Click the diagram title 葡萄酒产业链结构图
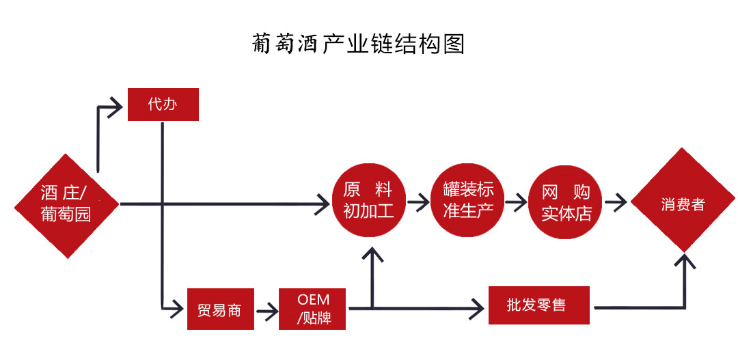click(x=358, y=44)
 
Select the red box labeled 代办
click(x=163, y=105)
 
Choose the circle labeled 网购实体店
click(x=566, y=202)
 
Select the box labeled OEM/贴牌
click(x=313, y=309)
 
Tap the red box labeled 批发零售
click(x=538, y=305)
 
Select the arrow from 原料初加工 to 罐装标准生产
click(x=418, y=202)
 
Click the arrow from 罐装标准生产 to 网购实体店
click(x=517, y=202)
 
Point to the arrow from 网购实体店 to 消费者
click(x=616, y=202)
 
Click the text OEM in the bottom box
click(x=314, y=300)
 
